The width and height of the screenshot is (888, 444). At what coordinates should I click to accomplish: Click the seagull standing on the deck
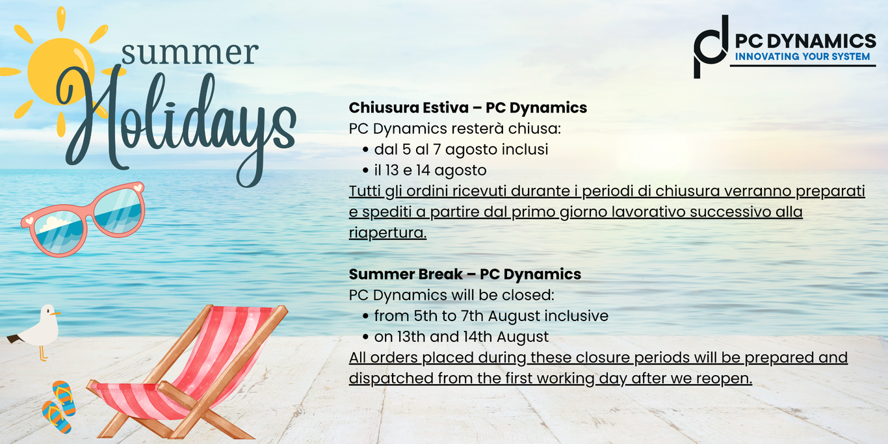tap(38, 329)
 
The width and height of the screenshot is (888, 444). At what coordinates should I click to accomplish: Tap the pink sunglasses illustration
tap(83, 219)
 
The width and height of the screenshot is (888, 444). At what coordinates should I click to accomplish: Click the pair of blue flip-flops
tap(59, 406)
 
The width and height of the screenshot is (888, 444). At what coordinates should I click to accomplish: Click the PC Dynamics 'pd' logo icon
tap(711, 47)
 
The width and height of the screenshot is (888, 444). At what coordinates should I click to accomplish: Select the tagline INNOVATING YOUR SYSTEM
tap(802, 57)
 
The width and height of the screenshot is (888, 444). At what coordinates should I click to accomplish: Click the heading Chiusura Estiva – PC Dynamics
tap(468, 108)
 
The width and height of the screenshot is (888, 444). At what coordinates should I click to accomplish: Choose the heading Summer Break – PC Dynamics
tap(465, 274)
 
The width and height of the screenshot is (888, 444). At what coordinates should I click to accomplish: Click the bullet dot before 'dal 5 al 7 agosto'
tap(365, 150)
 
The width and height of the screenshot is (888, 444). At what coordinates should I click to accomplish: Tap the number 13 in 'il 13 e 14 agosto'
tap(392, 170)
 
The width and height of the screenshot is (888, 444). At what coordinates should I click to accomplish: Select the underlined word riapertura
tap(387, 233)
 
